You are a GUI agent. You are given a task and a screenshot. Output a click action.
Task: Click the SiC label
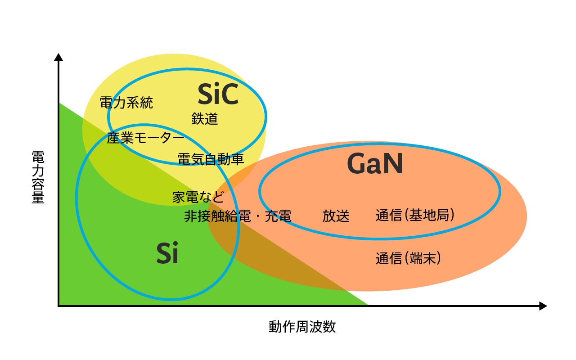(218, 94)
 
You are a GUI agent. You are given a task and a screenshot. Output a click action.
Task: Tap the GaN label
(375, 164)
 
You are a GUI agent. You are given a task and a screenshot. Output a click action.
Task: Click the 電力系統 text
(126, 103)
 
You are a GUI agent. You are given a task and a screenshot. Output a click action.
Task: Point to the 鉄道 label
(205, 119)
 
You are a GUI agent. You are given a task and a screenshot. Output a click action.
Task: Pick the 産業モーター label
(145, 138)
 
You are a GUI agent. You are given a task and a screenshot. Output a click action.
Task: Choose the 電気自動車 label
(211, 159)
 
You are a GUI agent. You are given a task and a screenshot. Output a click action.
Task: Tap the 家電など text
(198, 197)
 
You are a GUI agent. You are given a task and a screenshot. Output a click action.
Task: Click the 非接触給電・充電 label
(238, 216)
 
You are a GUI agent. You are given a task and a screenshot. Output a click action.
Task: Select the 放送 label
(336, 216)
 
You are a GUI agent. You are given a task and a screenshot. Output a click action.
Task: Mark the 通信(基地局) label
(415, 216)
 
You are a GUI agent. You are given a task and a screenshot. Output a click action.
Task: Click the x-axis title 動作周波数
(302, 327)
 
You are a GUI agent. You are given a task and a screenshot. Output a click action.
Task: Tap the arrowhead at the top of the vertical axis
(58, 57)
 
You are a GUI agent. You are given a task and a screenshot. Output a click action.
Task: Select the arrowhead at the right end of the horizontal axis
(543, 306)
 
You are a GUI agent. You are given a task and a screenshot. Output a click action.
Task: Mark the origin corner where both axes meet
(58, 306)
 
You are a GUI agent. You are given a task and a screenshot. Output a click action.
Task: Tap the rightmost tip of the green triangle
(368, 305)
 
